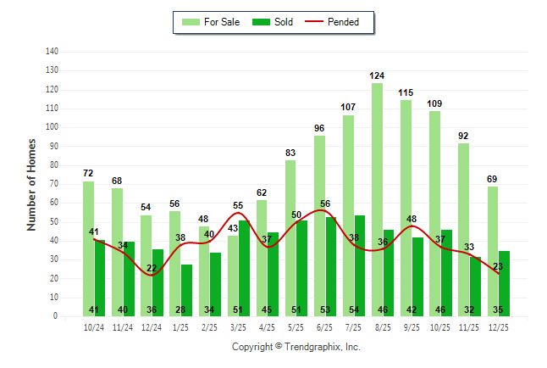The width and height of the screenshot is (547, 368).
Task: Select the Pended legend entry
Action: point(343,22)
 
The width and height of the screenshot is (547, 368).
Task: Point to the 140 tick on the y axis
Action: point(52,52)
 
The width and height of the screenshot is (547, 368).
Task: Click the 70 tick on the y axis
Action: point(53,184)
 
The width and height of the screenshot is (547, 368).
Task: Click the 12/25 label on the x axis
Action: point(497,327)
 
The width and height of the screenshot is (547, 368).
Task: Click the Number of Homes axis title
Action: point(32,184)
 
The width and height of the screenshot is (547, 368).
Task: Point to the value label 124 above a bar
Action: point(377,76)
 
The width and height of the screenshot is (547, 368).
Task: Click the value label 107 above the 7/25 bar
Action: point(348,108)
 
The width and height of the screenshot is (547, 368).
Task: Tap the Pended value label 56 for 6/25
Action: point(325,204)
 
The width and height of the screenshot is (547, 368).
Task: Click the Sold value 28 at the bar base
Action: point(180,309)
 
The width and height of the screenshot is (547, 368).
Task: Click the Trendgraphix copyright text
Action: point(296,347)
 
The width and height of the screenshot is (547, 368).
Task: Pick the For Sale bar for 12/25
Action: point(493,251)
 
